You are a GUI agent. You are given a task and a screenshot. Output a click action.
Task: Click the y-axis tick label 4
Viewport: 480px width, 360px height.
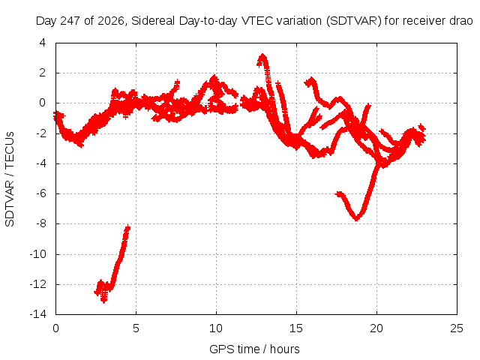coord(43,43)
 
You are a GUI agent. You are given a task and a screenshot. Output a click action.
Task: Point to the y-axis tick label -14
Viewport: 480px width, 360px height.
coord(38,314)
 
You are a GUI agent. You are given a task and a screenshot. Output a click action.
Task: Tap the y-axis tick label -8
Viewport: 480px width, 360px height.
coord(40,223)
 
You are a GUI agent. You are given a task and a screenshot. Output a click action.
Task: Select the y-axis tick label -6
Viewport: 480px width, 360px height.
coord(40,193)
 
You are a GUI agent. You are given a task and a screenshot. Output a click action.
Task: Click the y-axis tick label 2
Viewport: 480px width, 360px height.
coord(43,73)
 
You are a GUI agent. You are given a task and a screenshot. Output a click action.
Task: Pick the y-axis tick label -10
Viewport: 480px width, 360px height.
coord(38,254)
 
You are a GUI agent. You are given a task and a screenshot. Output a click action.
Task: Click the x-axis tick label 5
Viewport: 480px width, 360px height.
coord(136,328)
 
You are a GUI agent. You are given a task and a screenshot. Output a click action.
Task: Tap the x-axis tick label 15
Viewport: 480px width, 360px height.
coord(296,328)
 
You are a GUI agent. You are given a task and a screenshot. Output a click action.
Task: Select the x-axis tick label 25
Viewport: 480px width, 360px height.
coord(457,328)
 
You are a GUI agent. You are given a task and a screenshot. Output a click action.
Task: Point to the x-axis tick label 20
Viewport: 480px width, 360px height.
coord(376,328)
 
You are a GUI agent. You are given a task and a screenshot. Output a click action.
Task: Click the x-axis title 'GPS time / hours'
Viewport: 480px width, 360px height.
coord(254,349)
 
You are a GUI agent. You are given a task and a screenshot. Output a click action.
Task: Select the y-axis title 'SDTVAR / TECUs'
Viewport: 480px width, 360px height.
coord(10,179)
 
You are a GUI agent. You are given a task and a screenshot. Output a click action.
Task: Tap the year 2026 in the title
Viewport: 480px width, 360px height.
coord(111,21)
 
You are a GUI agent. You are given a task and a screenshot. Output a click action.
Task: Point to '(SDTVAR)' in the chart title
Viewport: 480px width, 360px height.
coord(353,21)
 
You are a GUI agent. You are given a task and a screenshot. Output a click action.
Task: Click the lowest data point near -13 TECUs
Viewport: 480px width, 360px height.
coord(104,301)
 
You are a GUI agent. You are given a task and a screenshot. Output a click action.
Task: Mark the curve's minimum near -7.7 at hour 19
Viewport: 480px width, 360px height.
coord(357,218)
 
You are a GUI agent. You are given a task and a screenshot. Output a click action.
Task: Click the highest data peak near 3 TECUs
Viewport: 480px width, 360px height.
coord(262,56)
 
